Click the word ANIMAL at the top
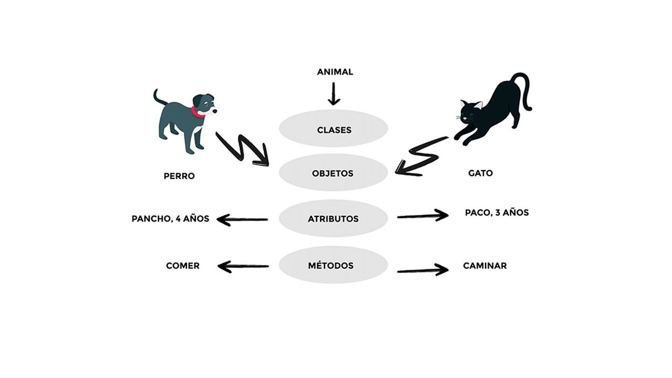(335, 72)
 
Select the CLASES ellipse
(333, 129)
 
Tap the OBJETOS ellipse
(333, 173)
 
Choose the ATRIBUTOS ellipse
(333, 218)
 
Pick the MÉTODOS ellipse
(333, 265)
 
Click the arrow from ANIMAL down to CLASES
(334, 94)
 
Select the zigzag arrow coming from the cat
(421, 156)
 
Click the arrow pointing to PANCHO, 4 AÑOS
(241, 219)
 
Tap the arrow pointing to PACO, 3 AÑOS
(423, 215)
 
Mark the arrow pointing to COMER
(243, 266)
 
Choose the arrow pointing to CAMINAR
(423, 270)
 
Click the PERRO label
(179, 176)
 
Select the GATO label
(480, 173)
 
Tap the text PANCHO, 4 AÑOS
(170, 218)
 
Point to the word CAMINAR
(485, 266)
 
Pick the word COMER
(183, 266)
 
